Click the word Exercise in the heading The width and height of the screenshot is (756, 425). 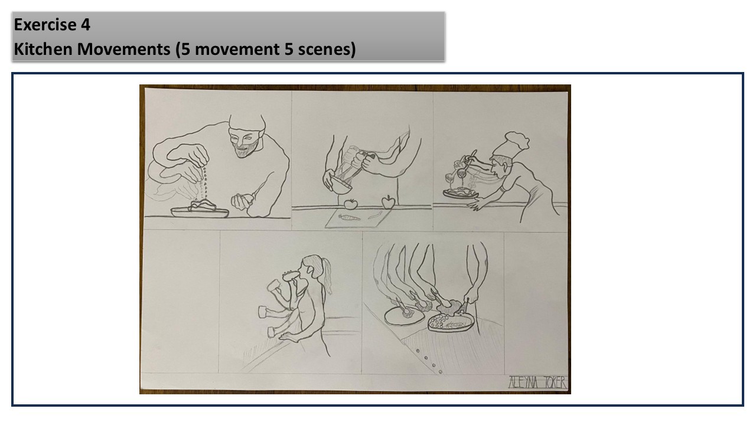point(45,25)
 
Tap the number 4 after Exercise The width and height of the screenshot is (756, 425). point(86,25)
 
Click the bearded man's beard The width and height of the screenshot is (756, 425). point(247,150)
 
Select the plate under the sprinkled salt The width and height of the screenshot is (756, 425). point(200,212)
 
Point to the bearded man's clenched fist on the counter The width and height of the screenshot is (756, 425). point(242,201)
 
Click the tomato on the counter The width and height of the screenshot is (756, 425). point(351,204)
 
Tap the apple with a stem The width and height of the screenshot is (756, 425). point(388,202)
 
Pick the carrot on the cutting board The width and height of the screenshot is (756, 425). point(350,218)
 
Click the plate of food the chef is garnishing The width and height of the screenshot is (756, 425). point(461,193)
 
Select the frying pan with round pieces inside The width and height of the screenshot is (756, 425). point(452,323)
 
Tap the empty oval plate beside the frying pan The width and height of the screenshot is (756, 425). point(405,316)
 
